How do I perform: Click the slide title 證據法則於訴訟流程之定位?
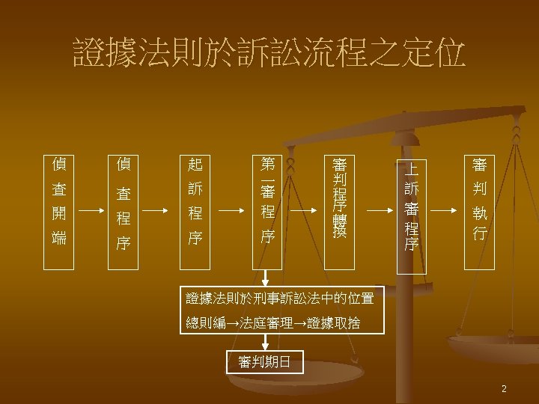pos(269,54)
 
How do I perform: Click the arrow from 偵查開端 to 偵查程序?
pos(91,212)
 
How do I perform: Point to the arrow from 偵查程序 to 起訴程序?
pos(159,212)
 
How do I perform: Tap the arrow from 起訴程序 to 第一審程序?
pos(231,212)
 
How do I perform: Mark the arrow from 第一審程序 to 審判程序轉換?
pos(303,212)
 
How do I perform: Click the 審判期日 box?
pos(265,363)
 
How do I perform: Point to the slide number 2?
pos(505,388)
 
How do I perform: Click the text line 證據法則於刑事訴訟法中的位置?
pos(279,299)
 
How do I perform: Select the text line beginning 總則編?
pos(272,323)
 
